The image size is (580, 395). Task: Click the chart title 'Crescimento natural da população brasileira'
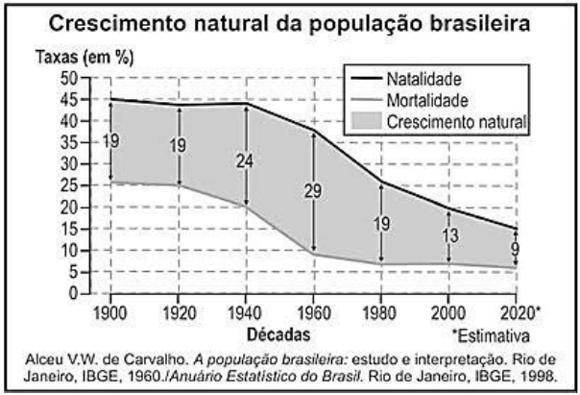[290, 24]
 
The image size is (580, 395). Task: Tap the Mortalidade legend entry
[427, 100]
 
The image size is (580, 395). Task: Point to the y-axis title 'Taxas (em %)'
[71, 57]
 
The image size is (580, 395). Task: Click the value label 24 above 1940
[245, 160]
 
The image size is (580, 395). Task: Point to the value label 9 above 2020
[517, 248]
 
